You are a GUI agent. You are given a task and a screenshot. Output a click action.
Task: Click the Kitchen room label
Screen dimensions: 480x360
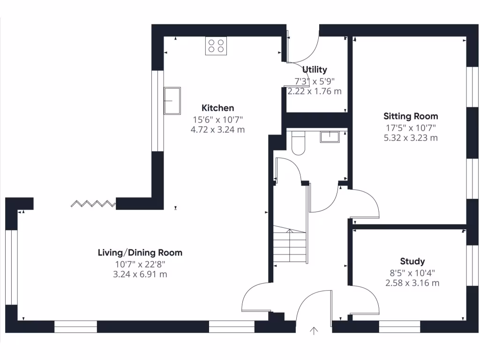[x=217, y=108]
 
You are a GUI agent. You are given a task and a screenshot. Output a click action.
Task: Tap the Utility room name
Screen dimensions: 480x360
[x=315, y=70]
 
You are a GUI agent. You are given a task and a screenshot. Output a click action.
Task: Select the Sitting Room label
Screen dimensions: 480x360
[x=411, y=116]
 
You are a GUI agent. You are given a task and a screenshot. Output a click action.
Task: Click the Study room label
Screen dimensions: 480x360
[x=412, y=262]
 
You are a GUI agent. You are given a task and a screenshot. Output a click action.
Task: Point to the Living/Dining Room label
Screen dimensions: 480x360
[x=140, y=253]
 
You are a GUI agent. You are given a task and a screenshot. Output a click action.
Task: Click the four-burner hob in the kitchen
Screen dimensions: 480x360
[x=216, y=46]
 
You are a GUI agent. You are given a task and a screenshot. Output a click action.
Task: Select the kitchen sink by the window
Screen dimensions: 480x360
[x=172, y=101]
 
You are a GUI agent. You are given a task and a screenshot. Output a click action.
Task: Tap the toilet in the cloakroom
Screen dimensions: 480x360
[x=299, y=143]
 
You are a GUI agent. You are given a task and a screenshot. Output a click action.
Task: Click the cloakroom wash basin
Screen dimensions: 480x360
[x=330, y=137]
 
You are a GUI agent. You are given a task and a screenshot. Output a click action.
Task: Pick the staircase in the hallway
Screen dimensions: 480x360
[x=290, y=244]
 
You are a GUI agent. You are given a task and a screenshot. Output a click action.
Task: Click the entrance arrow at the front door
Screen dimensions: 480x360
[x=314, y=330]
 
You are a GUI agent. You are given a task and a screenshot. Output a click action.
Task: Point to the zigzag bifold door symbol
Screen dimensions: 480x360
[x=93, y=203]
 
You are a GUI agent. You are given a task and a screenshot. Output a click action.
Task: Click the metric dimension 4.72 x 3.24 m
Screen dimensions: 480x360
[x=217, y=130]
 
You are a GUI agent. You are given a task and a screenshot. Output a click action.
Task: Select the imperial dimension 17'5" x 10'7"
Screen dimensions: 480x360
[x=411, y=127]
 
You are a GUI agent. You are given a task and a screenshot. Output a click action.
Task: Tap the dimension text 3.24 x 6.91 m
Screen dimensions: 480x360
[x=140, y=274]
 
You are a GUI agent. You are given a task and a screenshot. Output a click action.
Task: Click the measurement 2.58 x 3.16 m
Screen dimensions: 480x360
[x=412, y=283]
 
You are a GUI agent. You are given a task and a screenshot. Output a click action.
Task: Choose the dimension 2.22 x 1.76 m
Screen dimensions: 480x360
[x=315, y=91]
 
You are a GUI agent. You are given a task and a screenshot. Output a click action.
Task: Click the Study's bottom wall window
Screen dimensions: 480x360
[x=399, y=327]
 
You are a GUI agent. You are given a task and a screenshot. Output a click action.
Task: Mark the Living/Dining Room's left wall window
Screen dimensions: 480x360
[x=11, y=267]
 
